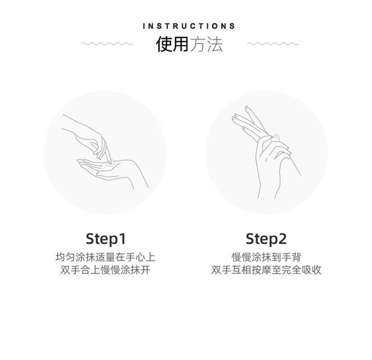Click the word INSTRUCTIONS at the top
pyautogui.click(x=189, y=26)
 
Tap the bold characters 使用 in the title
pyautogui.click(x=172, y=44)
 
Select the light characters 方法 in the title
pyautogui.click(x=206, y=44)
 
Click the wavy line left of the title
pyautogui.click(x=107, y=44)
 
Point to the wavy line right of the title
pyautogui.click(x=272, y=44)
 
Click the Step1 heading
pyautogui.click(x=106, y=239)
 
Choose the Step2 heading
pyautogui.click(x=266, y=239)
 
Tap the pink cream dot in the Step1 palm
pyautogui.click(x=110, y=163)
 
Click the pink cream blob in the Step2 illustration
pyautogui.click(x=276, y=138)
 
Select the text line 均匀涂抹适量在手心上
pyautogui.click(x=105, y=257)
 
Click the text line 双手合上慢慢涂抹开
pyautogui.click(x=105, y=270)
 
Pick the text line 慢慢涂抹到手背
pyautogui.click(x=266, y=257)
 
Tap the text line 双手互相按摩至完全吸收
pyautogui.click(x=266, y=270)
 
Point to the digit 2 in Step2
pyautogui.click(x=282, y=239)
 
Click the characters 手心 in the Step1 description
pyautogui.click(x=135, y=257)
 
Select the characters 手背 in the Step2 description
pyautogui.click(x=291, y=257)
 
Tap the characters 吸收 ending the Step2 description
pyautogui.click(x=312, y=270)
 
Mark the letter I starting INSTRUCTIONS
pyautogui.click(x=144, y=26)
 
